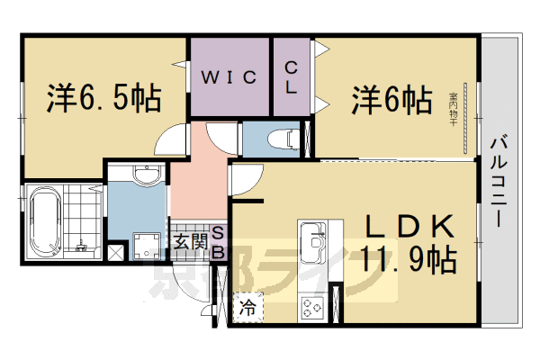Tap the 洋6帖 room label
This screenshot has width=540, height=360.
pyautogui.click(x=389, y=98)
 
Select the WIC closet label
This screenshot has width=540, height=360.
pyautogui.click(x=229, y=77)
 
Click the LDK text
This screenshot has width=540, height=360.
pyautogui.click(x=409, y=227)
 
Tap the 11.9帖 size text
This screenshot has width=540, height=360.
pyautogui.click(x=409, y=261)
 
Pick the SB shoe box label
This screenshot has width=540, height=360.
pyautogui.click(x=218, y=240)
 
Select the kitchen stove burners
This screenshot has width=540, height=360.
pyautogui.click(x=314, y=308)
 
